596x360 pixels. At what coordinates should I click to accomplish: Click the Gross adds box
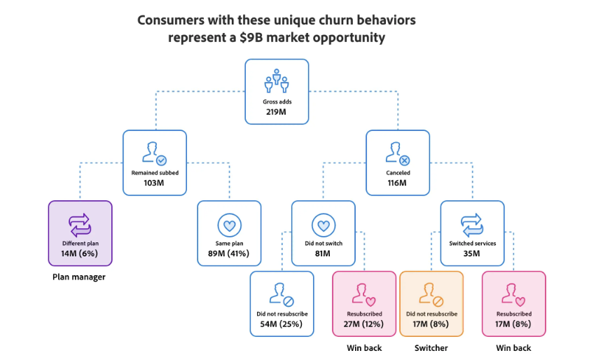(x=277, y=92)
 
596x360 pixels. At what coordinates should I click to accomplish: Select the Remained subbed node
(x=155, y=162)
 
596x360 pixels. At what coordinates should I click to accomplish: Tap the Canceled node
(x=398, y=162)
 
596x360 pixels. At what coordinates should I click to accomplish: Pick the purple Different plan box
(x=80, y=233)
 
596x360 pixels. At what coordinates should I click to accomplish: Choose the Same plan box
(x=229, y=233)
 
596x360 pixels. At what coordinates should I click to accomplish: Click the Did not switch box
(x=323, y=233)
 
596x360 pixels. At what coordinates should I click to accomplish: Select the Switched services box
(x=472, y=233)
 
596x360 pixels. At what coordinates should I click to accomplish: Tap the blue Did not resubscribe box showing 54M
(x=282, y=303)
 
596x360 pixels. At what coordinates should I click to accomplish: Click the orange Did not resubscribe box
(x=431, y=303)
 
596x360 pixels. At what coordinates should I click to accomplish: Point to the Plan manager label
(x=78, y=277)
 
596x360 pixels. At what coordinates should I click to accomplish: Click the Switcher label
(x=431, y=347)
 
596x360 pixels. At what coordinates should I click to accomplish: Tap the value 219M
(x=277, y=112)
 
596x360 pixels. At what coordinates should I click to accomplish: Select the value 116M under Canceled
(x=398, y=183)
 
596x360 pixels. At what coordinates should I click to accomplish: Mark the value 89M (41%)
(x=229, y=254)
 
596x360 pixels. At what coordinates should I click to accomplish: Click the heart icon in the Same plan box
(x=229, y=226)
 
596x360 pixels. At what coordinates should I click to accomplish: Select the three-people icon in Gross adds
(x=277, y=81)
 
